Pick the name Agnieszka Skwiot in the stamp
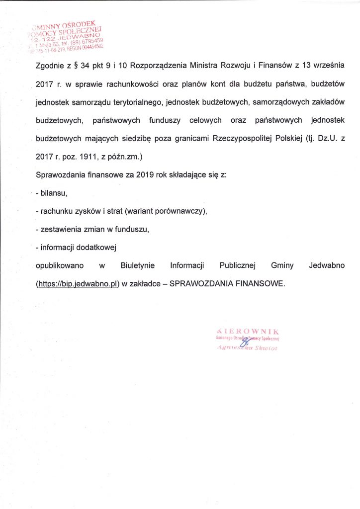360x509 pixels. click(x=247, y=348)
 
